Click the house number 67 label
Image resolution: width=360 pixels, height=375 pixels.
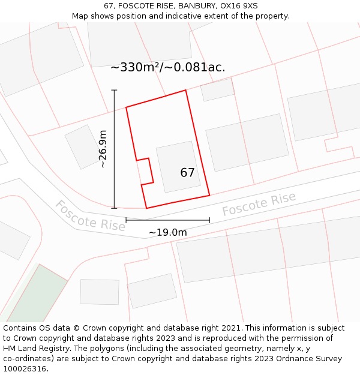pos(187,173)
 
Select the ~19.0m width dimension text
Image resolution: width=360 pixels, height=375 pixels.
pos(168,232)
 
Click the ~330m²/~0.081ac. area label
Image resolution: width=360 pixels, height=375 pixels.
pos(168,67)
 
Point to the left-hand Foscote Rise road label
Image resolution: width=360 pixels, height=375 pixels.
pos(90,215)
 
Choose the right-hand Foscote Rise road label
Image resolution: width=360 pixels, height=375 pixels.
pos(259,204)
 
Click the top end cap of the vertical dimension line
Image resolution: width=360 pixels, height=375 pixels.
pos(114,90)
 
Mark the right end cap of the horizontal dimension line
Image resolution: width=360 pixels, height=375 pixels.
pos(209,220)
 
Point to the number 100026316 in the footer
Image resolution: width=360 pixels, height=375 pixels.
pos(25,368)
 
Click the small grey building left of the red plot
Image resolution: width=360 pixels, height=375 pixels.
pos(83,146)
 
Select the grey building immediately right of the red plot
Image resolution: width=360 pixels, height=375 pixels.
pos(247,142)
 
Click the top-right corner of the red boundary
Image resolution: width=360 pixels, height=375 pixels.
pos(185,91)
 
